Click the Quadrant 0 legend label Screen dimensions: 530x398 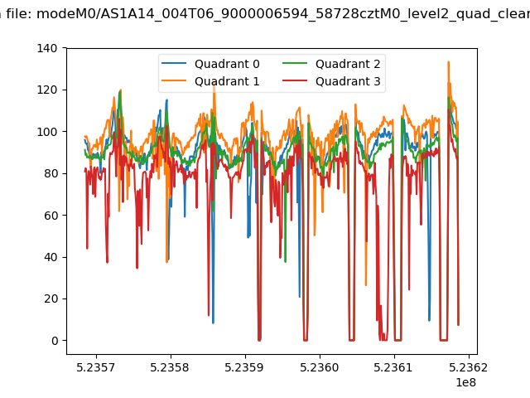pyautogui.click(x=227, y=64)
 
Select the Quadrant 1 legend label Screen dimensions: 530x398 pyautogui.click(x=227, y=81)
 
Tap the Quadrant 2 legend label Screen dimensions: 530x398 pyautogui.click(x=348, y=64)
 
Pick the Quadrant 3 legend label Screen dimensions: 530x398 pyautogui.click(x=348, y=81)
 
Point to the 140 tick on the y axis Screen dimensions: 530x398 pyautogui.click(x=47, y=48)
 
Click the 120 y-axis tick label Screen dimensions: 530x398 pyautogui.click(x=47, y=90)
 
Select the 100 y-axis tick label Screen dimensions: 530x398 pyautogui.click(x=47, y=132)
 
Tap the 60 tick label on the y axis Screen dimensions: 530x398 pyautogui.click(x=51, y=216)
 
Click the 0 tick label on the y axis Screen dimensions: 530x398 pyautogui.click(x=55, y=341)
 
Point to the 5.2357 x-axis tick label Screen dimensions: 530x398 pyautogui.click(x=96, y=367)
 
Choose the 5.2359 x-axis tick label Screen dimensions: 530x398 pyautogui.click(x=245, y=367)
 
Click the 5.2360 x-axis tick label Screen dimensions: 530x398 pyautogui.click(x=320, y=367)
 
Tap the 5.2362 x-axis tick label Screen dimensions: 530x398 pyautogui.click(x=469, y=367)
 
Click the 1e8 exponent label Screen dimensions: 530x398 pyautogui.click(x=465, y=382)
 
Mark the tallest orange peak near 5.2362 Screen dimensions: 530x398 pyautogui.click(x=449, y=61)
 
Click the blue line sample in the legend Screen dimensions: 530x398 pyautogui.click(x=174, y=63)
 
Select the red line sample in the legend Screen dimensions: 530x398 pyautogui.click(x=295, y=81)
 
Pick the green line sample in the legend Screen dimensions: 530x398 pyautogui.click(x=295, y=63)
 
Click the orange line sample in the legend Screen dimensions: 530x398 pyautogui.click(x=174, y=81)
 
